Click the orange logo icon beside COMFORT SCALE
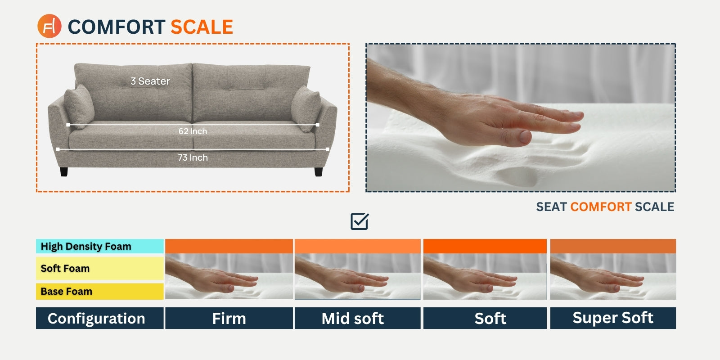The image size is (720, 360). tap(49, 26)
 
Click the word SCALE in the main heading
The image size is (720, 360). tap(202, 27)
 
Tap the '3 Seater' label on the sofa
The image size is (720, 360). tap(150, 81)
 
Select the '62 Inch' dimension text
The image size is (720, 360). tap(193, 131)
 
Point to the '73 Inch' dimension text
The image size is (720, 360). tap(193, 158)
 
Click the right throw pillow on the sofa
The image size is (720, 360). tap(306, 108)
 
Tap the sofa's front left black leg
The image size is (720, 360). tap(64, 171)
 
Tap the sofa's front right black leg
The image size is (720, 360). tap(319, 171)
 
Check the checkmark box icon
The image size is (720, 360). tap(360, 221)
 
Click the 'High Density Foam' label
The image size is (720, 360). tap(86, 247)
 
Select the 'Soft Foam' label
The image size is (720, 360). tap(65, 269)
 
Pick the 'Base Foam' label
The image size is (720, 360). tap(67, 292)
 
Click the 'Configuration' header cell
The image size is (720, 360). tap(96, 319)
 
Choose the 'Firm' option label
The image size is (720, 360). tap(229, 319)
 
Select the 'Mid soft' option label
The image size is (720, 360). tap(353, 319)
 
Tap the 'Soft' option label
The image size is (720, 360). tap(490, 319)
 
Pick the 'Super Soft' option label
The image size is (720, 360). tap(613, 318)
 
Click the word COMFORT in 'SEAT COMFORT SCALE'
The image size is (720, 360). tap(601, 207)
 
